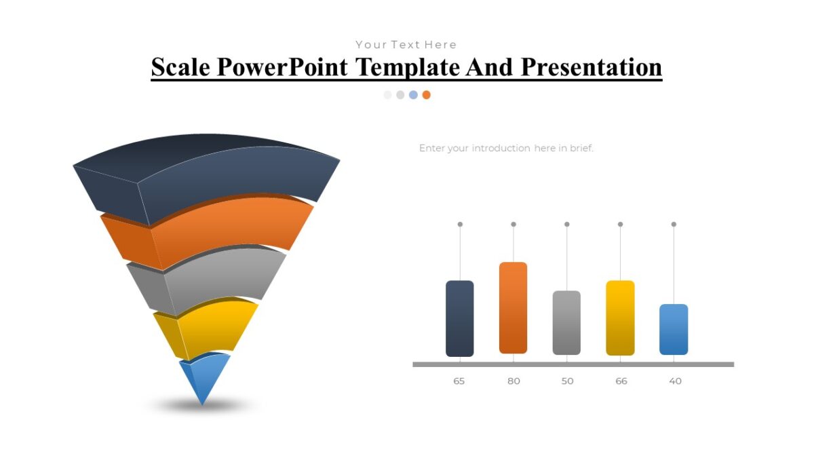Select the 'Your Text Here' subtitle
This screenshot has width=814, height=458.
pos(406,45)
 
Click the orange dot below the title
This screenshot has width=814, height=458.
pos(426,95)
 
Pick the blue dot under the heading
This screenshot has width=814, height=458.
pos(413,95)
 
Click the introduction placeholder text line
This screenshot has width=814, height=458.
pos(506,148)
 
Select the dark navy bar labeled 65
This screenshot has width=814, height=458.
pos(459,318)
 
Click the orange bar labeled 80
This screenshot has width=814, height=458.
pos(513,307)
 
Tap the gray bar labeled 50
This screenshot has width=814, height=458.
pos(566,322)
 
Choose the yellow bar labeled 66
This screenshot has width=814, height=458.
pos(620,318)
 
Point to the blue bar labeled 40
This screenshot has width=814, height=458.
pos(674,329)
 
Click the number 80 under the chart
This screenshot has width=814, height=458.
pos(513,381)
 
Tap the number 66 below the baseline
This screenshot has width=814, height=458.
pos(621,381)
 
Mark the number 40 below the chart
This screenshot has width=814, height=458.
pos(675,381)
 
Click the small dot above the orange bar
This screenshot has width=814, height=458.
pos(513,224)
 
